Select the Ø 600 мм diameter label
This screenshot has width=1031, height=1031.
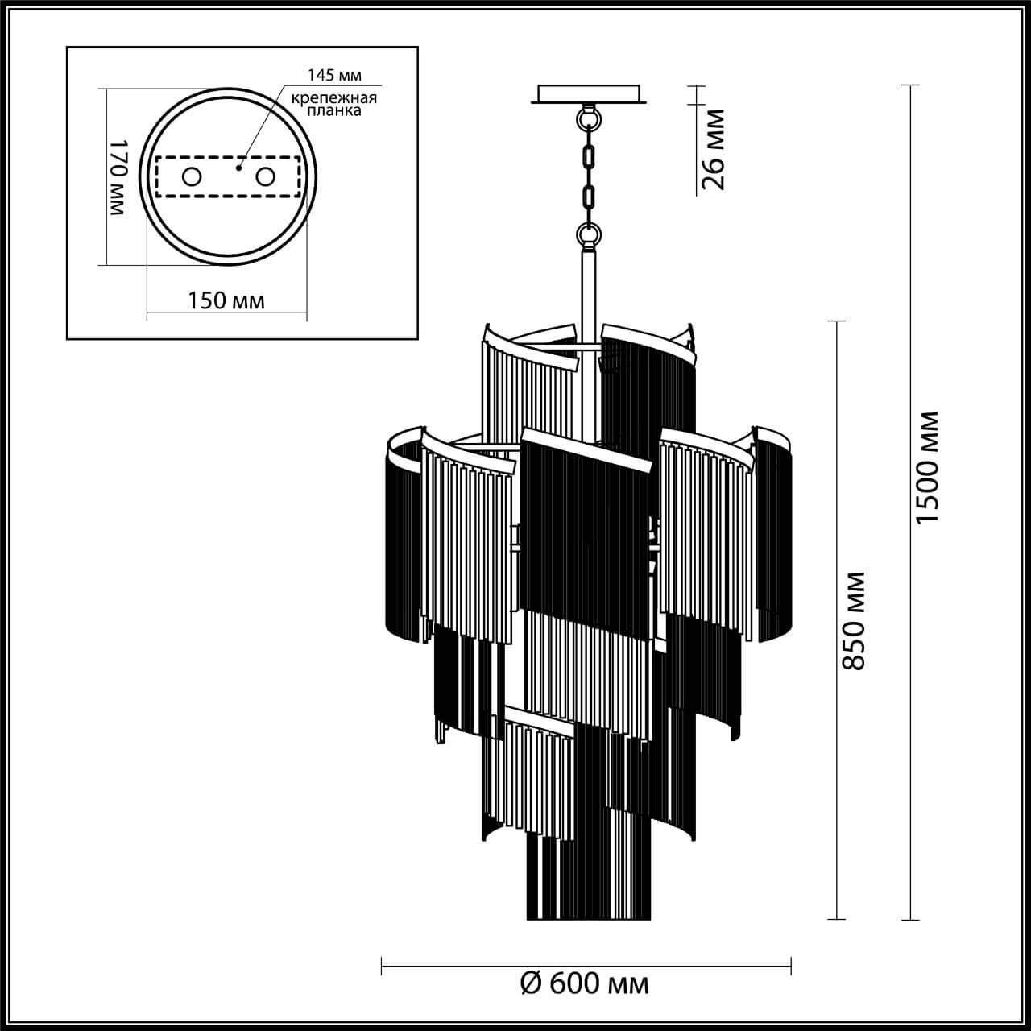click(x=585, y=983)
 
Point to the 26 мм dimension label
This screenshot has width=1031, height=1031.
click(x=714, y=149)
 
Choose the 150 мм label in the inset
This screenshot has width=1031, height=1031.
click(x=226, y=300)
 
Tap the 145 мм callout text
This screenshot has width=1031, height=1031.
click(x=334, y=76)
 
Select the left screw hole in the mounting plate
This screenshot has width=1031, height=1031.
click(x=192, y=176)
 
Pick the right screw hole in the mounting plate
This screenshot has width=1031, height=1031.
click(x=265, y=176)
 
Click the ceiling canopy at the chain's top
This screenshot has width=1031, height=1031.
click(x=590, y=93)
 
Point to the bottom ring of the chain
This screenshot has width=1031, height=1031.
click(x=589, y=234)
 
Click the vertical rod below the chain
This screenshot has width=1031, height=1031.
click(x=588, y=290)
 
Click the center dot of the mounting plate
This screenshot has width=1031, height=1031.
click(x=238, y=169)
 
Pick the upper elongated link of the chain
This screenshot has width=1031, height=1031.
click(x=589, y=154)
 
